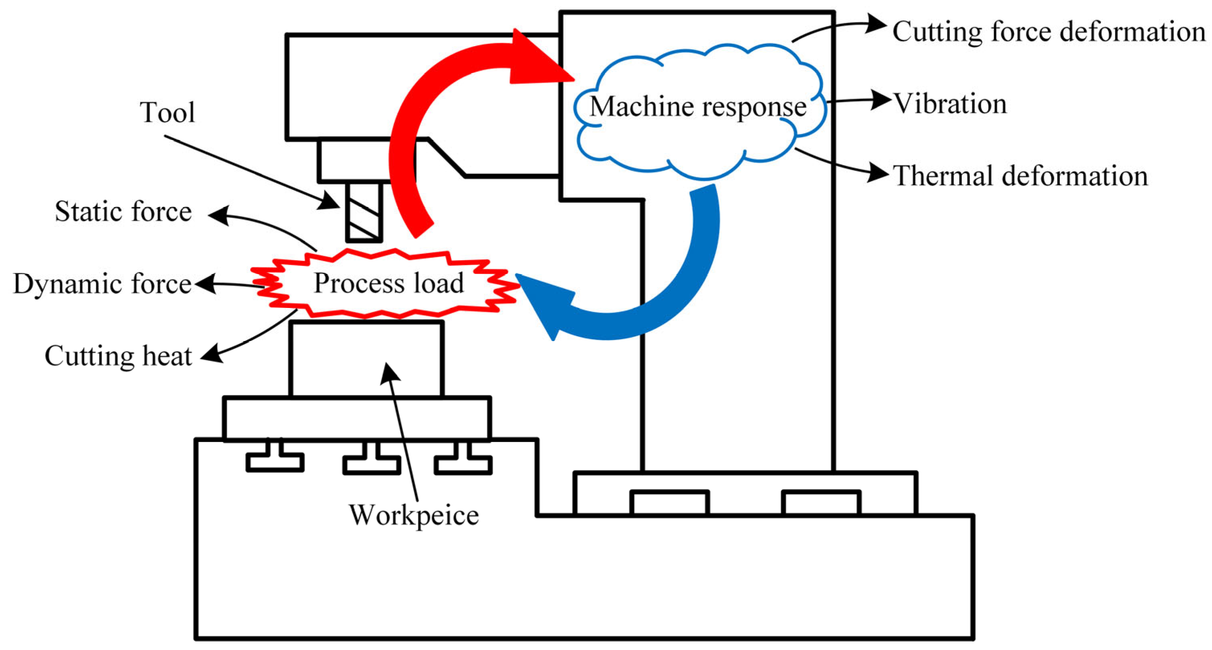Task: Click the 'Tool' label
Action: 167,112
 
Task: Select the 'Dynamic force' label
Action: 102,284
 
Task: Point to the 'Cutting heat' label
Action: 118,356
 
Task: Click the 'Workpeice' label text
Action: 414,515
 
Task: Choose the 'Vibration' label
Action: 950,104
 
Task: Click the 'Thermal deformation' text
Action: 1020,176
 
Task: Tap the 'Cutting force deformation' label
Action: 1049,32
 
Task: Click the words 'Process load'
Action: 389,283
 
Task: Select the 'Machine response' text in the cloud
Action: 698,106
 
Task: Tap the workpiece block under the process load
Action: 367,359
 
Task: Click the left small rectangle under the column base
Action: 669,503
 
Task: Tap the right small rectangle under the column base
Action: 821,503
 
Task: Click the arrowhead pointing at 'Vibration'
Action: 881,100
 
